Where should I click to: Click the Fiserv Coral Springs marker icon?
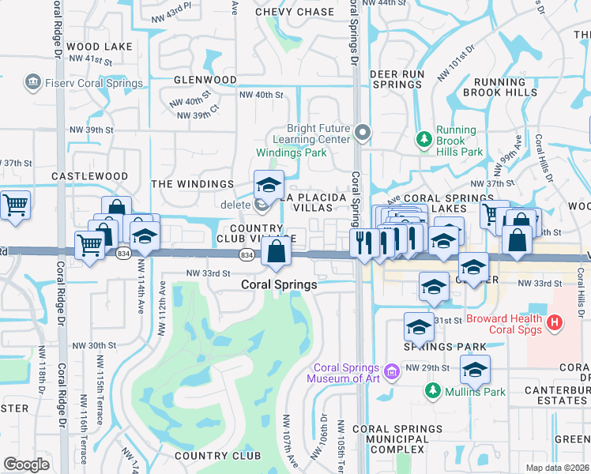pos(33,83)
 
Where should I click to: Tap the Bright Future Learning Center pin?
pos(363,133)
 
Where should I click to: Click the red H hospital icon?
pos(555,322)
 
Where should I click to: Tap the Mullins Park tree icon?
pos(432,390)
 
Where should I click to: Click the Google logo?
pos(26,464)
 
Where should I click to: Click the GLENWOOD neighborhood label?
pos(205,80)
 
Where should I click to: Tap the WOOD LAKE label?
pos(100,47)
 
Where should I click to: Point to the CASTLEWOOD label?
pos(89,175)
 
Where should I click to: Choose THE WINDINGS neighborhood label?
pos(183,183)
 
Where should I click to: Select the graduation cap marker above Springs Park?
pos(419,326)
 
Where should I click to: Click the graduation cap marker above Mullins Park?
pos(474,369)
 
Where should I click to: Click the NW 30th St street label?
pos(88,345)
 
